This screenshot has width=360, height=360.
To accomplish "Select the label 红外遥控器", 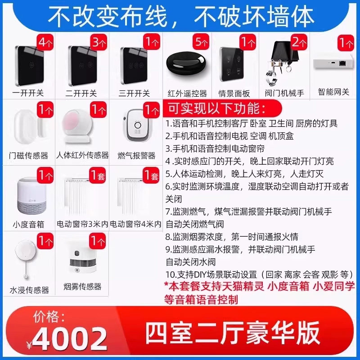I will (187, 94).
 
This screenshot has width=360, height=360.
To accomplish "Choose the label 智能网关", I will (333, 92).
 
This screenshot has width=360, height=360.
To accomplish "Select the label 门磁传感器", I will (28, 156).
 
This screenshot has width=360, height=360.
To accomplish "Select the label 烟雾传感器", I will (82, 287).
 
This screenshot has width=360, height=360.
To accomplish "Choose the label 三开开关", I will (134, 94).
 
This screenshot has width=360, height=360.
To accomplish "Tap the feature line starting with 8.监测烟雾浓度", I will (231, 236).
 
